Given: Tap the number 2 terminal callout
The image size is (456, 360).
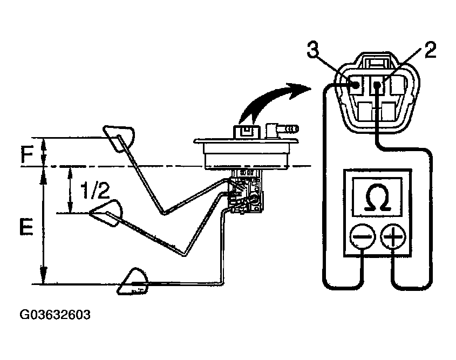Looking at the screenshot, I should point(430,51).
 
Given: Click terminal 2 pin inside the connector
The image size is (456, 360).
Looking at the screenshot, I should point(379,85).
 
